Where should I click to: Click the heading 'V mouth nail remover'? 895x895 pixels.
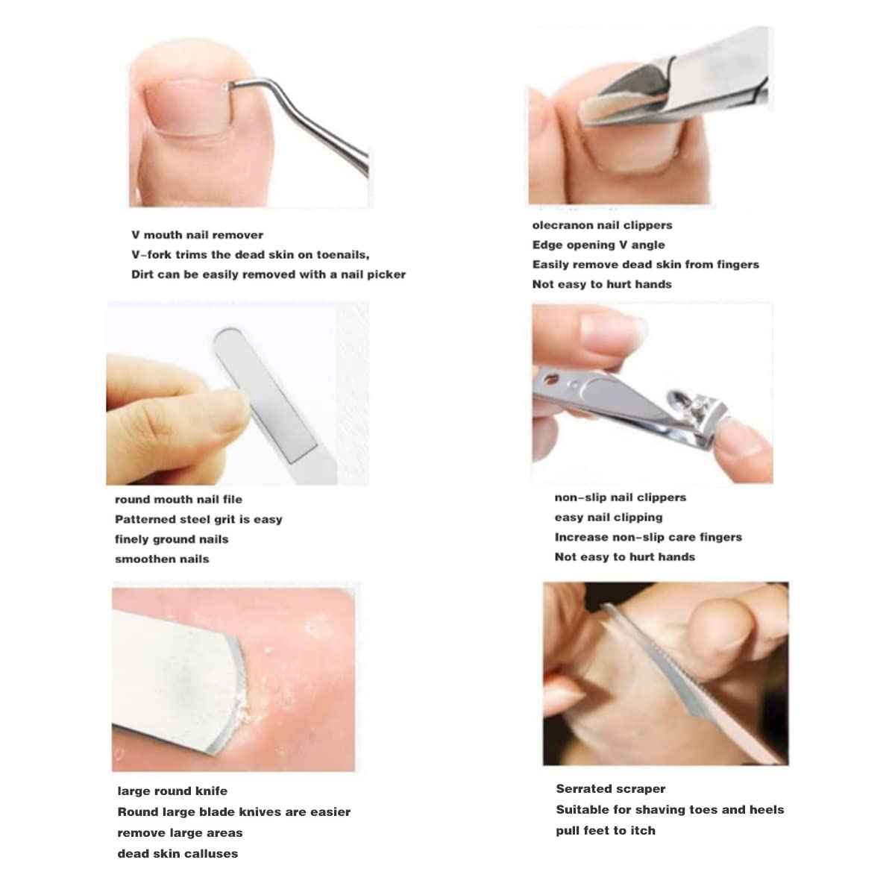[x=197, y=235]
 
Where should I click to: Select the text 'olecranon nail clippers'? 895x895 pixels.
[x=602, y=225]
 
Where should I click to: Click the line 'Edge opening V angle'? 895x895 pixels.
[x=598, y=245]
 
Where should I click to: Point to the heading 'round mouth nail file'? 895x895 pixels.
[x=178, y=500]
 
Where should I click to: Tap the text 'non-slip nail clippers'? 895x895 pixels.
[x=620, y=497]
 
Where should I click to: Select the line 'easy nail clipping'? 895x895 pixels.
[x=608, y=518]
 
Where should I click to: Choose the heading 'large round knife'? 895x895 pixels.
[x=172, y=791]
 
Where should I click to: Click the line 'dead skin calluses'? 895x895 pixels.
[x=178, y=854]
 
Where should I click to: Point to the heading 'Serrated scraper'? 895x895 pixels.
[x=610, y=789]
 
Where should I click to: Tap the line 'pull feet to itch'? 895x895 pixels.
[x=605, y=831]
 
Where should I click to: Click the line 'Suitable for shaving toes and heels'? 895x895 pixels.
[x=670, y=810]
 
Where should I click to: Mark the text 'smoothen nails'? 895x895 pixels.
[x=162, y=559]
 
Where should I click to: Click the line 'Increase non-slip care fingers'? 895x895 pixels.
[x=647, y=537]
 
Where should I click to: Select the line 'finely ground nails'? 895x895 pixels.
[x=172, y=539]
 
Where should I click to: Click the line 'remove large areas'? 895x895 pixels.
[x=180, y=833]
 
